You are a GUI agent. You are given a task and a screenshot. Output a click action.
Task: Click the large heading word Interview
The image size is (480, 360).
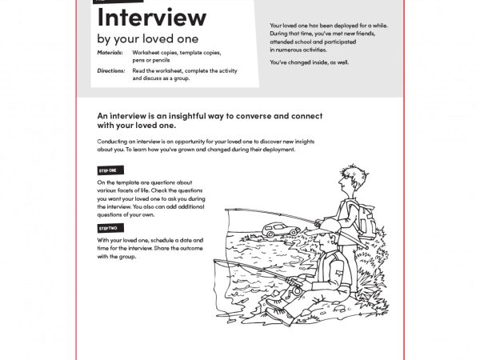151,17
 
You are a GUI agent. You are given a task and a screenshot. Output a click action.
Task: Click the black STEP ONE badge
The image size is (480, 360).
108,170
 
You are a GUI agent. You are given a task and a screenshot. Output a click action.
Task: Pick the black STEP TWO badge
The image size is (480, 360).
108,229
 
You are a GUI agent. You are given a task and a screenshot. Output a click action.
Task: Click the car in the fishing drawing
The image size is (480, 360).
282,230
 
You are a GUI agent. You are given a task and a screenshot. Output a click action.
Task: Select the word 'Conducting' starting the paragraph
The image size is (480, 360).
113,141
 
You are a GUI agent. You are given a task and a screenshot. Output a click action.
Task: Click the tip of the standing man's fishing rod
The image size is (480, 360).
228,210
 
